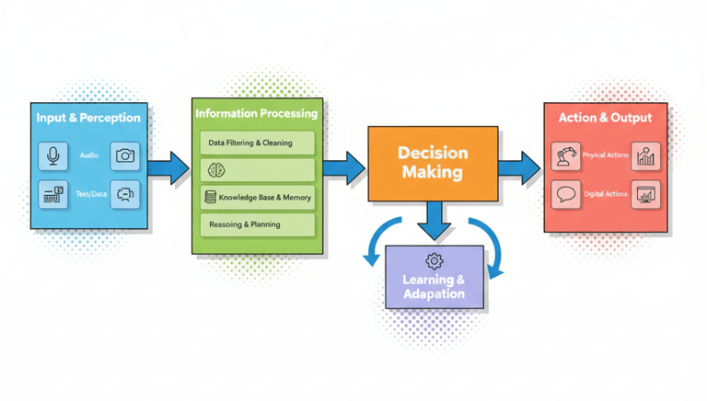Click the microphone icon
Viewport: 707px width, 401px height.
(53, 156)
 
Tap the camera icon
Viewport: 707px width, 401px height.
(125, 156)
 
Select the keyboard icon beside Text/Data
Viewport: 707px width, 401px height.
(53, 194)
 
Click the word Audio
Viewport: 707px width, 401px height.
(89, 156)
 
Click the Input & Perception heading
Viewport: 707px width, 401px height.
(88, 118)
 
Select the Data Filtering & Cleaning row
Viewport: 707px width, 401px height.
(257, 143)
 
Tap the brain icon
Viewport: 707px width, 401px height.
(216, 170)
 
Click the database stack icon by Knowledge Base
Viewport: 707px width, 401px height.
(211, 197)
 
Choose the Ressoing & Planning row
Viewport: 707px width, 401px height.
(257, 224)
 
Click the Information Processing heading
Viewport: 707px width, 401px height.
(257, 113)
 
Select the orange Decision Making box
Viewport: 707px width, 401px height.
(433, 163)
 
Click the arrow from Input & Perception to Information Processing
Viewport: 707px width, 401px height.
(168, 168)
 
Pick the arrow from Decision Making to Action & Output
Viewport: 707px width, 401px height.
(519, 167)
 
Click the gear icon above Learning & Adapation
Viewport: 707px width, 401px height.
(434, 262)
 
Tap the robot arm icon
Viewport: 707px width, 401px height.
(566, 156)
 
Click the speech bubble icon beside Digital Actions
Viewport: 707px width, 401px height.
(566, 195)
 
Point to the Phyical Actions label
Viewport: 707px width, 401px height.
(606, 155)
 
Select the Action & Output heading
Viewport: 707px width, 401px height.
(605, 118)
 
